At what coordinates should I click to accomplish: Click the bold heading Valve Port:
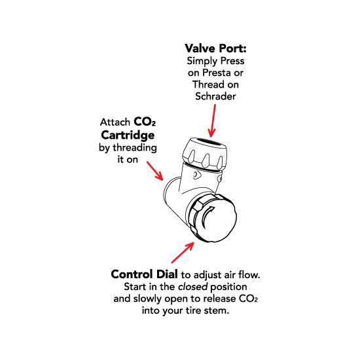point(215,48)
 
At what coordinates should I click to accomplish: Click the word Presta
point(217,73)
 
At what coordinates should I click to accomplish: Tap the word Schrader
point(215,96)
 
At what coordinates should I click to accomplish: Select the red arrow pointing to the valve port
point(213,120)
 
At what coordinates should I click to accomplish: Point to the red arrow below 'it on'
point(155,171)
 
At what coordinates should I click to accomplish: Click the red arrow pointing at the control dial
point(183,253)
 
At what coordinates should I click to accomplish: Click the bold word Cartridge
point(128,135)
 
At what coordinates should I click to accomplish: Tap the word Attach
point(115,122)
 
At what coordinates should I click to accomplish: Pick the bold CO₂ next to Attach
point(145,122)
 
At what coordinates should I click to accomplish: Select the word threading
point(135,148)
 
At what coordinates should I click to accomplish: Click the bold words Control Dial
point(144,274)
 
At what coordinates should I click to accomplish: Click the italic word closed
point(193,287)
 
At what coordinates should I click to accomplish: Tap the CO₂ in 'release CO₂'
point(249,298)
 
